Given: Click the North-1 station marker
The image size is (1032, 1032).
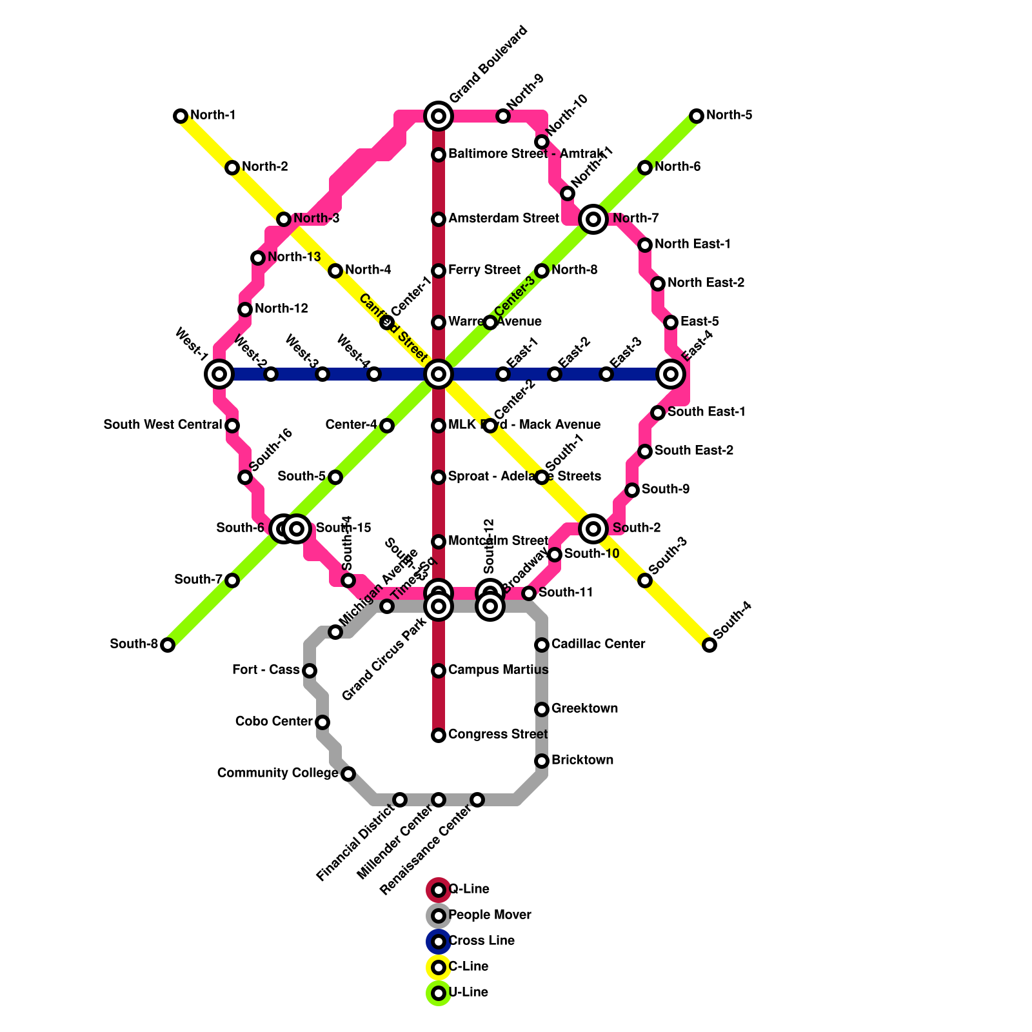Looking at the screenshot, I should tap(181, 116).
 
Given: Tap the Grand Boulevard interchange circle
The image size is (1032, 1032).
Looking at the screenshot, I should tap(439, 116).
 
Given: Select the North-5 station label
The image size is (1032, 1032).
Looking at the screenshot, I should tap(729, 115).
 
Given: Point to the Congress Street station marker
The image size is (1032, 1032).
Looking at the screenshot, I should tap(439, 735).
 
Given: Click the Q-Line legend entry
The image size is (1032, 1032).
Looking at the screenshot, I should tap(468, 889).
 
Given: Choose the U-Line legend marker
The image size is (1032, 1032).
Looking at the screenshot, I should tap(439, 993).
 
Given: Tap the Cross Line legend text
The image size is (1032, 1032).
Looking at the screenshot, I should tap(481, 941).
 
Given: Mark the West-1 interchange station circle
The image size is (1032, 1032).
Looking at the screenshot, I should tap(219, 374).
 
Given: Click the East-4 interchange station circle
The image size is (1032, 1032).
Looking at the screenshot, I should tap(671, 374).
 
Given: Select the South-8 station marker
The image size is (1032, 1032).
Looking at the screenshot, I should tap(168, 645).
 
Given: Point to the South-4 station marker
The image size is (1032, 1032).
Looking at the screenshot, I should tap(709, 645).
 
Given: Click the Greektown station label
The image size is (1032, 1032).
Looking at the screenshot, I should tap(584, 709).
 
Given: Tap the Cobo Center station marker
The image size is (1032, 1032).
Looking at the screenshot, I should tap(322, 722).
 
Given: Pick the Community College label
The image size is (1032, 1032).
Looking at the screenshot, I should tap(277, 773).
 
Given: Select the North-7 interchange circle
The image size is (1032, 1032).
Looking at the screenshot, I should tap(593, 219).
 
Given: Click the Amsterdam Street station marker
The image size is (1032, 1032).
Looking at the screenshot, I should tap(439, 219).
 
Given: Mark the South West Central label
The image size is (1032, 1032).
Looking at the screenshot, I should tap(163, 425).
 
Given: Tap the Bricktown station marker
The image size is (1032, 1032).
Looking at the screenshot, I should tap(542, 761).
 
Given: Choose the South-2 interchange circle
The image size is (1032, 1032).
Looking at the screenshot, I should tap(593, 529).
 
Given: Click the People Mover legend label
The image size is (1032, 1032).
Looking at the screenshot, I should tap(490, 915).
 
